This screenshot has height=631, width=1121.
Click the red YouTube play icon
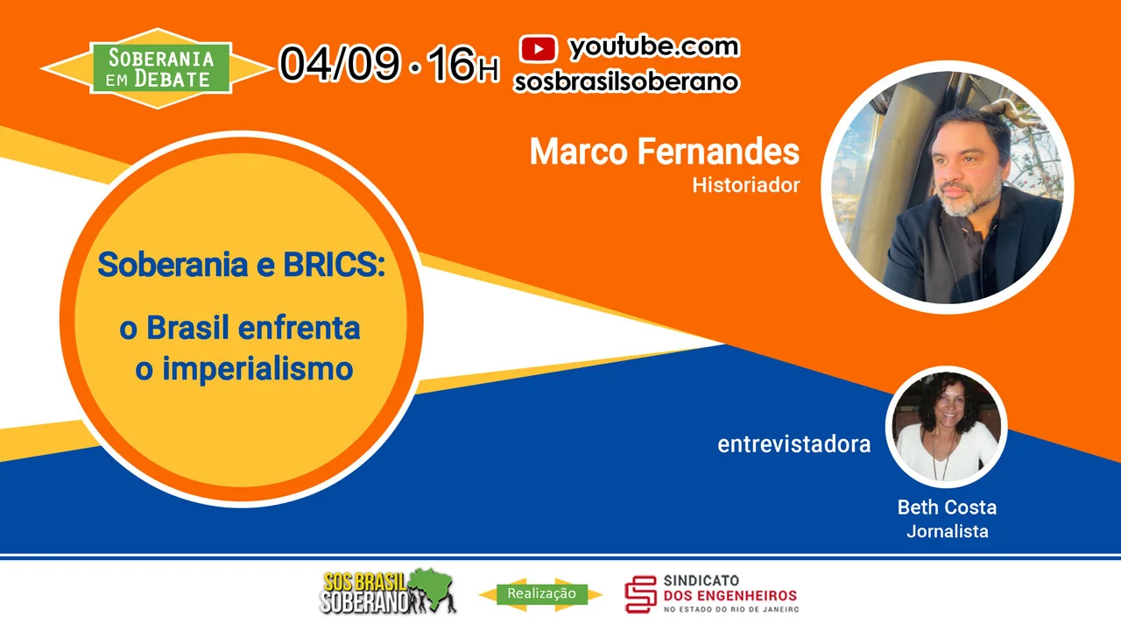[x=538, y=48]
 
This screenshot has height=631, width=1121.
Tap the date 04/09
[x=341, y=64]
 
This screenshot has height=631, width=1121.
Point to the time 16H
[x=463, y=64]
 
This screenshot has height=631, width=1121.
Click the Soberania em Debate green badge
[x=160, y=68]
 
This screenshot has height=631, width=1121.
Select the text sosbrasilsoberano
[x=626, y=82]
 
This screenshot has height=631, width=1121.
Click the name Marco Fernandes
[x=665, y=152]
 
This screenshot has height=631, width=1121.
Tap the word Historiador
[x=746, y=186]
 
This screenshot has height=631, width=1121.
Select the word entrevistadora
[x=794, y=444]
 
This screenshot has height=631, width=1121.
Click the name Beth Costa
[x=947, y=507]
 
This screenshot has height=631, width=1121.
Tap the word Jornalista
[x=948, y=531]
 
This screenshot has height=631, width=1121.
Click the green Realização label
[x=541, y=594]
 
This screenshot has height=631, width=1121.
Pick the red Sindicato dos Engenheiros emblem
[x=640, y=594]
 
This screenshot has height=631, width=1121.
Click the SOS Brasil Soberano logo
[x=388, y=592]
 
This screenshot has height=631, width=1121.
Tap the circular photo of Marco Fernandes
[x=947, y=188]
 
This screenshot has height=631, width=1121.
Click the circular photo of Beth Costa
[x=947, y=427]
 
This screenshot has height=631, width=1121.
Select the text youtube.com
[x=654, y=47]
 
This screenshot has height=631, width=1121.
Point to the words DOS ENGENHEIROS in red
[x=730, y=596]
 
